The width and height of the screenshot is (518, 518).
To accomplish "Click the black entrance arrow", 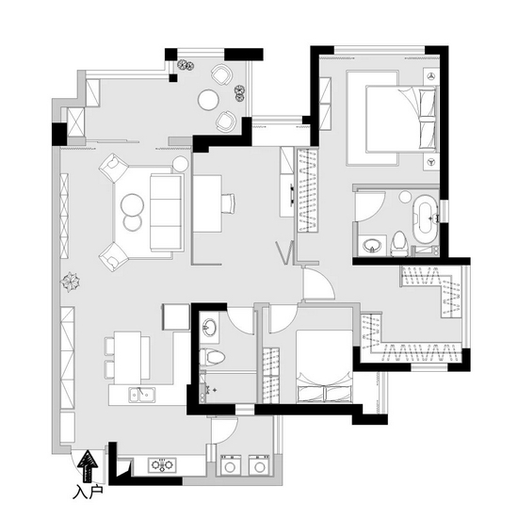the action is [88, 465].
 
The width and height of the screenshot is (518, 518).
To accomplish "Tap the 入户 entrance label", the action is [88, 492].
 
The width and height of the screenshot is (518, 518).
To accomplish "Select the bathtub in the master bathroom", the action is [425, 219].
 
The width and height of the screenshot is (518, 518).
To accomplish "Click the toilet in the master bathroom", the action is [399, 244].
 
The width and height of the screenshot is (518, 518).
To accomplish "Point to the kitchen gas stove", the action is [162, 465].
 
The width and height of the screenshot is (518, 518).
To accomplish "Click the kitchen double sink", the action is [142, 395].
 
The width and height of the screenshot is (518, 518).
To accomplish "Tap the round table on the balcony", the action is [208, 100].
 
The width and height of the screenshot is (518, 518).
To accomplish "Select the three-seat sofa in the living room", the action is [167, 213].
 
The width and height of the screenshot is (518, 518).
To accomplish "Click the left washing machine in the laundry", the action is [231, 466].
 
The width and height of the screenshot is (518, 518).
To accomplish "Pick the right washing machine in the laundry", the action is [259, 466].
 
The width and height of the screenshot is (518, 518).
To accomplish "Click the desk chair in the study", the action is [228, 203].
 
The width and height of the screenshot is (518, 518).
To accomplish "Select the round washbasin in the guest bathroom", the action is [209, 328].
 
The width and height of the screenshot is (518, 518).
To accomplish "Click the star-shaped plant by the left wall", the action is [70, 282].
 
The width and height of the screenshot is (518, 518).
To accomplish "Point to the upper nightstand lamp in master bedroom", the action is [430, 76].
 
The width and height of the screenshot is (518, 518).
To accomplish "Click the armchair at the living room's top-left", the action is [113, 168].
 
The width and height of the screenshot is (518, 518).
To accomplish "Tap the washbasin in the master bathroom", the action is [372, 246].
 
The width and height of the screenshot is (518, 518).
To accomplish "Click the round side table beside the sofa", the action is [181, 164].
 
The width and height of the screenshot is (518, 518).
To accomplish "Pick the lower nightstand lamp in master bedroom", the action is [430, 162].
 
